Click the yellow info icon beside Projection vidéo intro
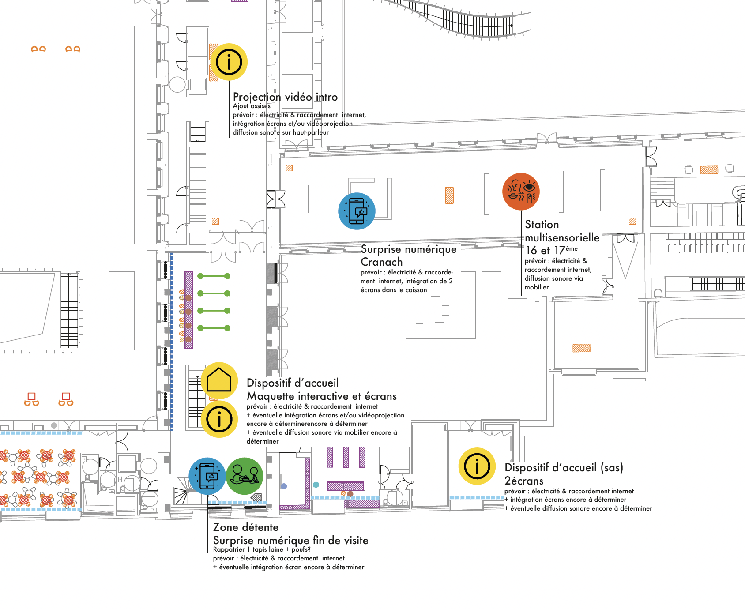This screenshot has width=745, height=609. click(x=229, y=62)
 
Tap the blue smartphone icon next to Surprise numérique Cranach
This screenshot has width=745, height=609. click(x=357, y=211)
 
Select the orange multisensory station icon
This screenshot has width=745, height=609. click(x=521, y=192)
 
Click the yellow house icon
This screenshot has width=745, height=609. click(x=219, y=380)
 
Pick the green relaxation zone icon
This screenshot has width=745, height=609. click(x=245, y=476)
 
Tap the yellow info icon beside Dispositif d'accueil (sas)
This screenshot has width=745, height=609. click(x=477, y=466)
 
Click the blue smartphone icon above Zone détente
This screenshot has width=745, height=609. click(x=207, y=476)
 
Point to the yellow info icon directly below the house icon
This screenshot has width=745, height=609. click(x=219, y=419)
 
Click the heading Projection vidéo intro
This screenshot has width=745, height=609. click(x=285, y=97)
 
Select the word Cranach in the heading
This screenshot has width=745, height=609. click(x=381, y=262)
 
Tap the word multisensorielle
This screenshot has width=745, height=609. click(x=562, y=238)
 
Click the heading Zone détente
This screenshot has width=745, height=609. click(x=246, y=527)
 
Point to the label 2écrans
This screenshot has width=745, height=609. click(x=524, y=481)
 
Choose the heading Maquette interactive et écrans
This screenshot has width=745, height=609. click(x=321, y=396)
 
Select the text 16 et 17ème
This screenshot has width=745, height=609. click(x=551, y=250)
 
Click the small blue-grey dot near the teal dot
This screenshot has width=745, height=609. click(x=284, y=486)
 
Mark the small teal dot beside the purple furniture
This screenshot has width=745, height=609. click(x=316, y=485)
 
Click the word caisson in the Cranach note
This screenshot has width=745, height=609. click(x=415, y=290)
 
